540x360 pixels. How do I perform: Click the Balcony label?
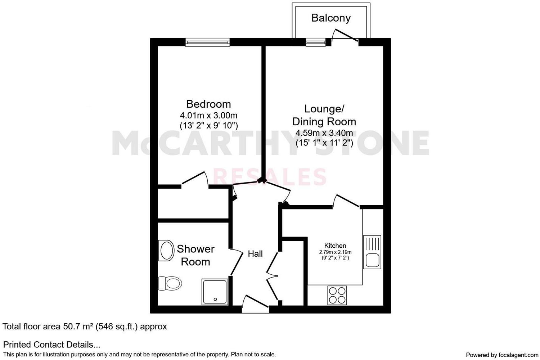click(x=331, y=18)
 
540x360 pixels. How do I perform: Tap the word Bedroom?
click(x=208, y=104)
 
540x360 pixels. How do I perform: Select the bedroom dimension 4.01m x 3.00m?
click(x=208, y=116)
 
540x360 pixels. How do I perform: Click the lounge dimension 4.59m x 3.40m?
click(x=324, y=133)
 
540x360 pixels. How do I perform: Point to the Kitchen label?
click(x=335, y=246)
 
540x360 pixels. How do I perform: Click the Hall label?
click(x=255, y=254)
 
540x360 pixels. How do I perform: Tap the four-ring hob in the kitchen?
click(x=337, y=295)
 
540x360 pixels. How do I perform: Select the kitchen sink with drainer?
click(x=372, y=252)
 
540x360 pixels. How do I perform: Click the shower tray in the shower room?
click(x=215, y=291)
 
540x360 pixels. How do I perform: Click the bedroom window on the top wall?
click(x=208, y=42)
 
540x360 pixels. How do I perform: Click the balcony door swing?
click(x=345, y=36)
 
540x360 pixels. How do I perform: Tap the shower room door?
click(x=236, y=262)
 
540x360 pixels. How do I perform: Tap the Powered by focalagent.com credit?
click(x=502, y=355)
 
